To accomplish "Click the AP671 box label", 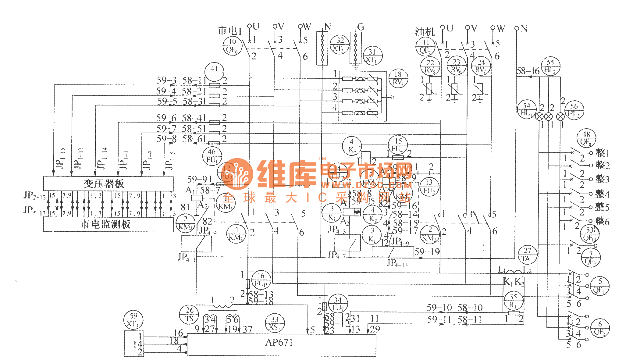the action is point(279,343).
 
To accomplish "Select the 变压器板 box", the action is point(108,184).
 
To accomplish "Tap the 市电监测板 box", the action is point(108,224).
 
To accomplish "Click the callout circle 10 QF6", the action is point(232,46).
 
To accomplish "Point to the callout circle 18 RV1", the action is point(398,78).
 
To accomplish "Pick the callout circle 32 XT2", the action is point(340,45).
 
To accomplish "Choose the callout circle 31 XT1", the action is point(372,56).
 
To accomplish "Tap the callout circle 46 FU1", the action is point(212,156).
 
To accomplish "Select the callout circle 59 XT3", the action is point(133,320).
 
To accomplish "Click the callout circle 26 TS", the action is point(189,315).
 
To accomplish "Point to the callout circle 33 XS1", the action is point(275,323).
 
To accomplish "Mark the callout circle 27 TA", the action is point(527,255).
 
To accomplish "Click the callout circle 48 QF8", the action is point(586,138).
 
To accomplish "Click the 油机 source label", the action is point(425,31).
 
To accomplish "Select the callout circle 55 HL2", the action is point(550,66).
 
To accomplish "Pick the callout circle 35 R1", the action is point(514,301).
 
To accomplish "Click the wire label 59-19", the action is point(427,252).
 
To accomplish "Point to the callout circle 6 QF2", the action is point(600,328).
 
